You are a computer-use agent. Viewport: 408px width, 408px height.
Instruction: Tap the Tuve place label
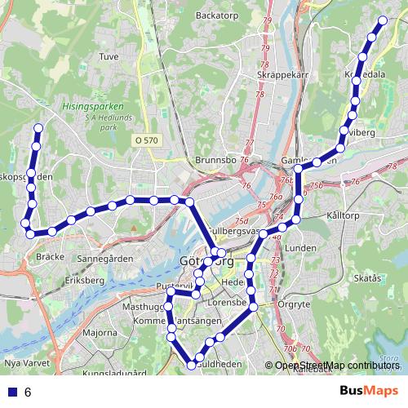[109, 57]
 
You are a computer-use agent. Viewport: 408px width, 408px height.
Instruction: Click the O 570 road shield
[147, 140]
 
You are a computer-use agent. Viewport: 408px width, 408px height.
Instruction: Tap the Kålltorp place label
[342, 215]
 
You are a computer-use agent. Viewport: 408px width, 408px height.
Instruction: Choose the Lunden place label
[303, 247]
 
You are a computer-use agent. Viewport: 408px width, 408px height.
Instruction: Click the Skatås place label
[368, 278]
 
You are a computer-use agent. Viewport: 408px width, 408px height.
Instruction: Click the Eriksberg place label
[86, 280]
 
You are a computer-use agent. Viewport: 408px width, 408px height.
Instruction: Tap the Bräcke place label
[51, 256]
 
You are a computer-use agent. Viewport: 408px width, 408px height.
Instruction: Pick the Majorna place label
[100, 333]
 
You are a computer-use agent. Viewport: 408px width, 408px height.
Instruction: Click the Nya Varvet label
[23, 361]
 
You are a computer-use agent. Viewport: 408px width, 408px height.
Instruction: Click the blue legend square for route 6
[12, 392]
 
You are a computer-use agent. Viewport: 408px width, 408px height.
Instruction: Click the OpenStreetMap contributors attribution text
[337, 365]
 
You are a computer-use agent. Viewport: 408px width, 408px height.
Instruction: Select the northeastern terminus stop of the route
[382, 20]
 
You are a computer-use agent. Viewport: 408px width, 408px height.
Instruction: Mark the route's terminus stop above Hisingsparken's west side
[38, 127]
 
